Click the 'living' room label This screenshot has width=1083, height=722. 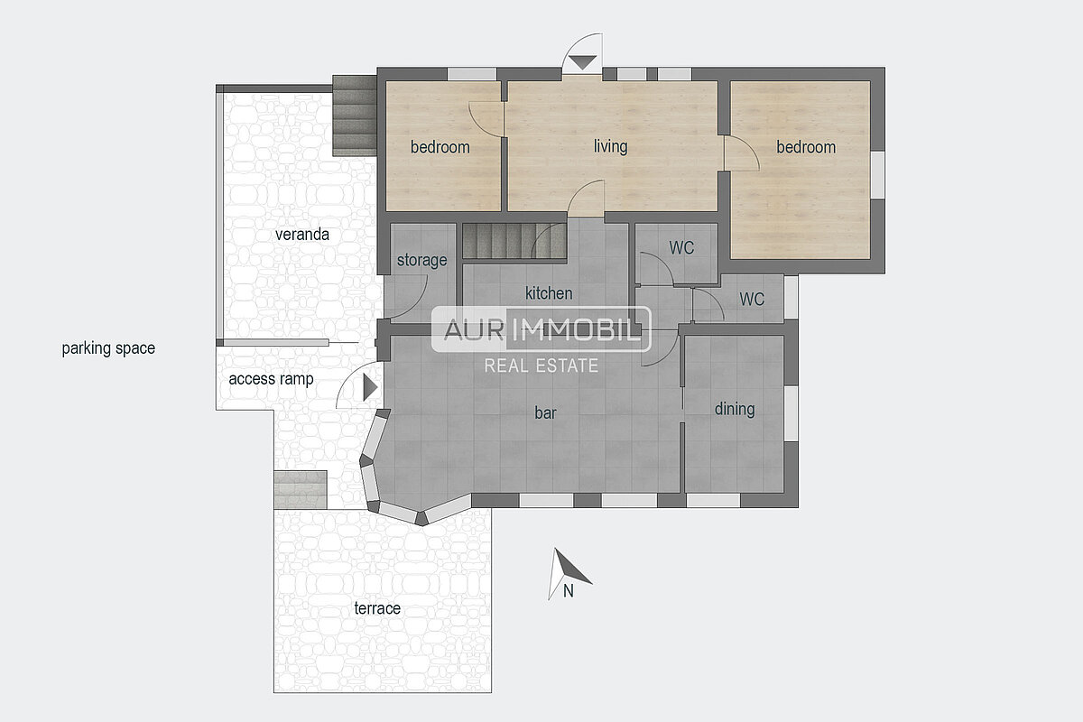click(x=610, y=146)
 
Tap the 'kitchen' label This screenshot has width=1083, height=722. click(x=549, y=293)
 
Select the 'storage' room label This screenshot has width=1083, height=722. click(x=421, y=261)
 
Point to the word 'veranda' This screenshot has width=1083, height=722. click(x=302, y=235)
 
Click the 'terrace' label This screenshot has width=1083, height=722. click(x=377, y=608)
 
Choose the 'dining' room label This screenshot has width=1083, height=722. click(x=735, y=409)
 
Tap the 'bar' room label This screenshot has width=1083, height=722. click(x=545, y=412)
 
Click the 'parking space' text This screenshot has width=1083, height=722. click(x=108, y=348)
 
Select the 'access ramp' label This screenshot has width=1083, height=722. click(x=271, y=379)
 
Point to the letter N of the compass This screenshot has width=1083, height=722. click(x=568, y=591)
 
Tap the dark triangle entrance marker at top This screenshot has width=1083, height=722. click(x=582, y=62)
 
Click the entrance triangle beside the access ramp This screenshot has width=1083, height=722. click(x=370, y=387)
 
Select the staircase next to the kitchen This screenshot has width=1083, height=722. click(x=514, y=241)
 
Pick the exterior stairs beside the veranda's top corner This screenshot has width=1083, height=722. click(x=355, y=116)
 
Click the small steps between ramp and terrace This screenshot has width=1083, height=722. click(x=301, y=489)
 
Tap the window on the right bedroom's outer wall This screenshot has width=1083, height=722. click(x=878, y=174)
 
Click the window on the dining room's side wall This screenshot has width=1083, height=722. click(x=791, y=413)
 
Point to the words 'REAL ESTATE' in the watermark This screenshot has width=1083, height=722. click(x=541, y=366)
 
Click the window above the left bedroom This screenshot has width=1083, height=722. click(x=472, y=74)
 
